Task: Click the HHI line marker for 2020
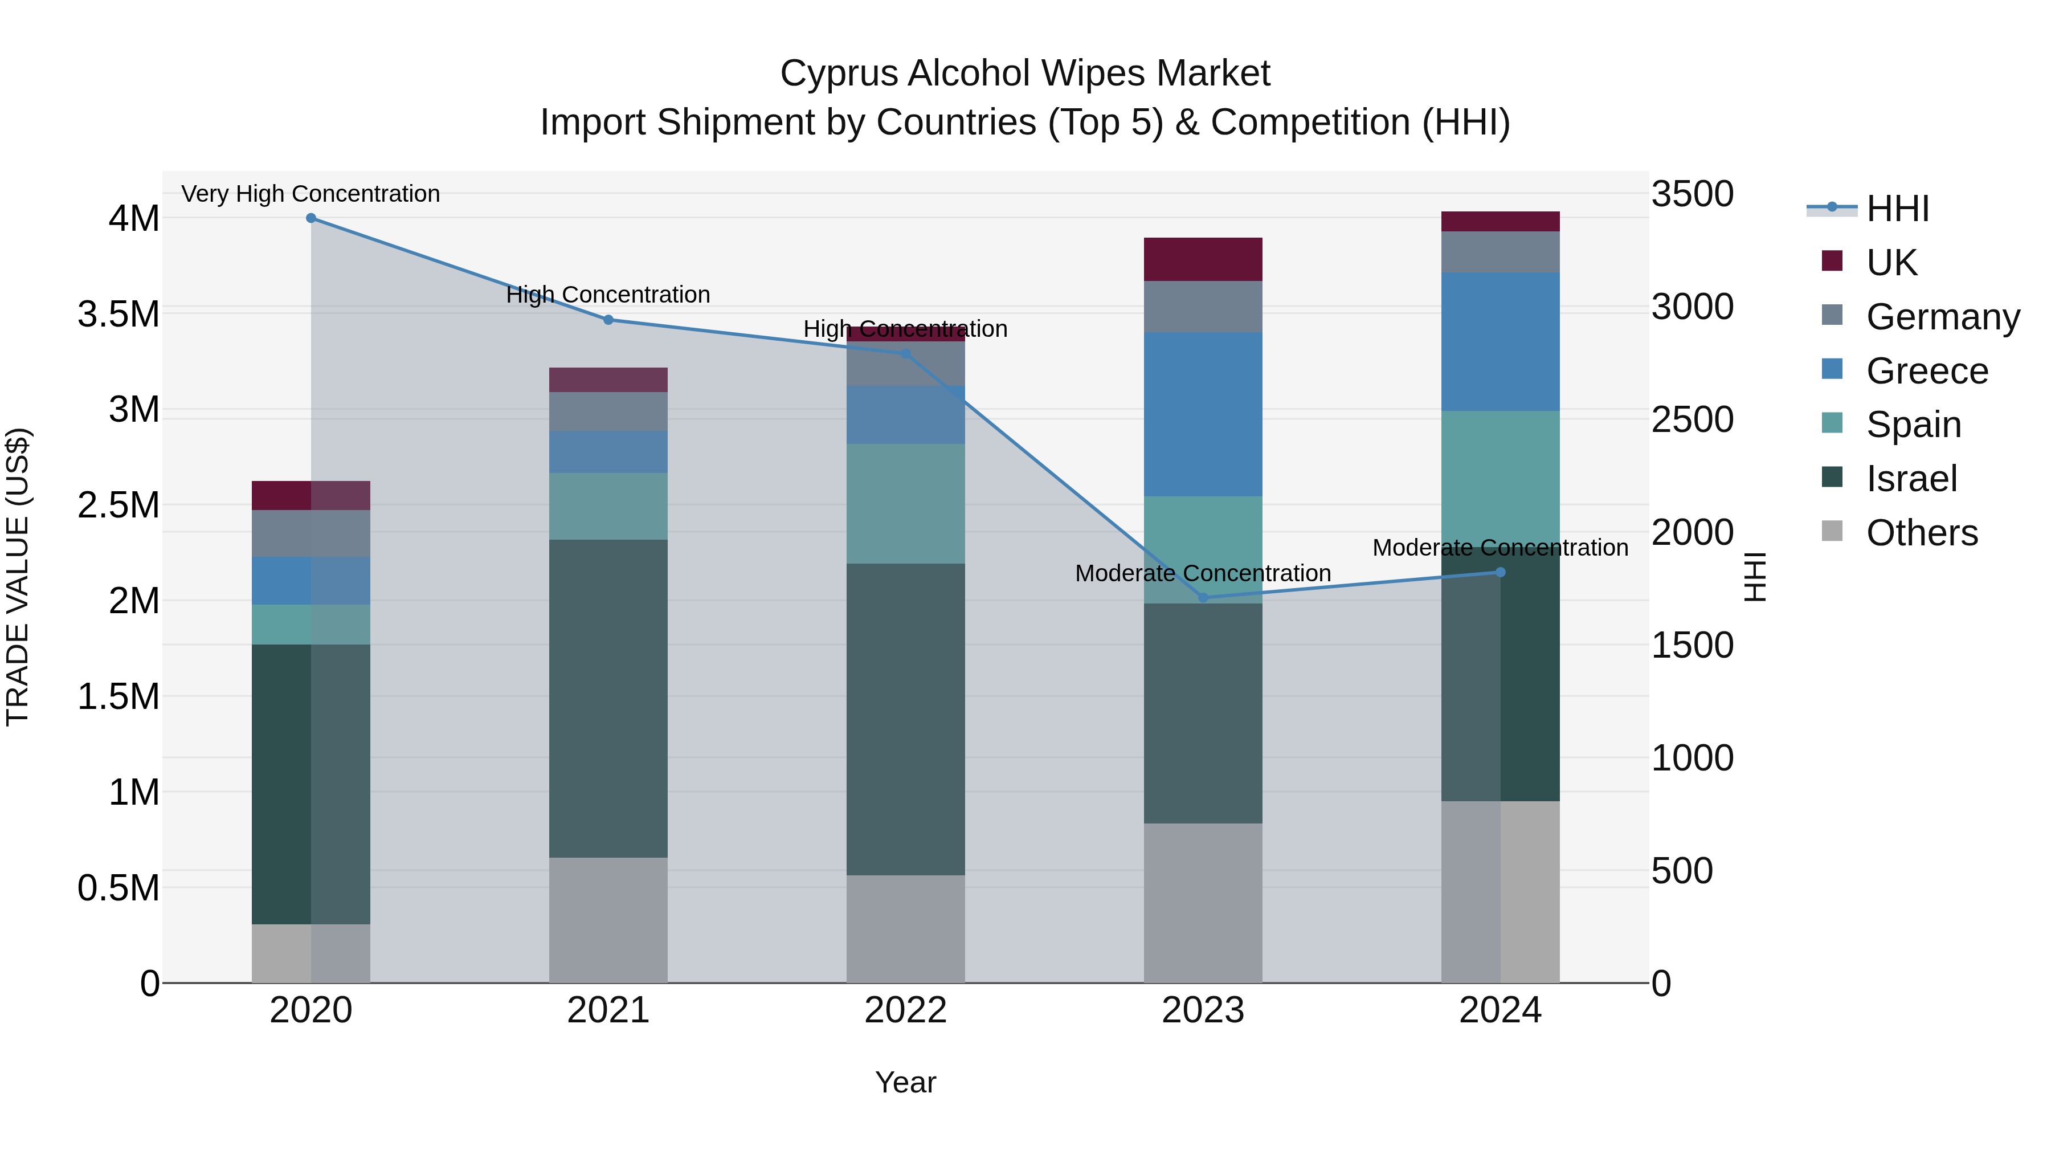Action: pos(311,218)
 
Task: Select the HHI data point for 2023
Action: pos(1203,597)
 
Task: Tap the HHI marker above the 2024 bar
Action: pos(1500,572)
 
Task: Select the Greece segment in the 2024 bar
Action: pos(1500,342)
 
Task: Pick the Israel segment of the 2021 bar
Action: pos(608,699)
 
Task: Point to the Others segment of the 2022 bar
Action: pos(905,929)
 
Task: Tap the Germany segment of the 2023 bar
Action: pos(1203,307)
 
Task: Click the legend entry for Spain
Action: pos(1913,425)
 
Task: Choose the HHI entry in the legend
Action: pos(1897,209)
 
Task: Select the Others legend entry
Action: pos(1921,533)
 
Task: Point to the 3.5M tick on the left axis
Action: pos(119,315)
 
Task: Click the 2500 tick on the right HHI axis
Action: pos(1692,419)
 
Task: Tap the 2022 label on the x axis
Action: pos(905,1010)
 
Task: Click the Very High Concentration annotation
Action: pos(310,194)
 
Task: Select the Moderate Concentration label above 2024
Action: pos(1500,548)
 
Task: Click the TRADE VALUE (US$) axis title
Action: pos(18,577)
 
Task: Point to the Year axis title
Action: pos(905,1082)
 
